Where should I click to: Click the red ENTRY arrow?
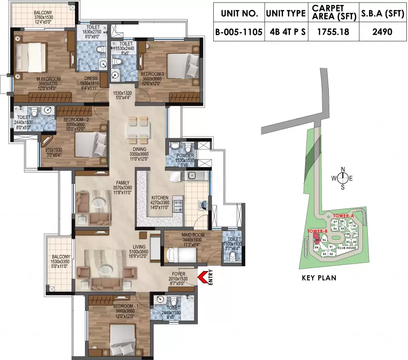click(x=203, y=277)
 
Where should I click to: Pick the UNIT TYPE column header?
click(x=286, y=13)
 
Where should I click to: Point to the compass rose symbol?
click(x=343, y=178)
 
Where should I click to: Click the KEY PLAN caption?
click(x=319, y=278)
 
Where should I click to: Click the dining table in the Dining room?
click(x=137, y=129)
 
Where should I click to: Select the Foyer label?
click(x=179, y=274)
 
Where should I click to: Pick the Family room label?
click(x=123, y=182)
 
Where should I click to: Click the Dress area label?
click(x=91, y=78)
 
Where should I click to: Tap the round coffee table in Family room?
click(x=99, y=204)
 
